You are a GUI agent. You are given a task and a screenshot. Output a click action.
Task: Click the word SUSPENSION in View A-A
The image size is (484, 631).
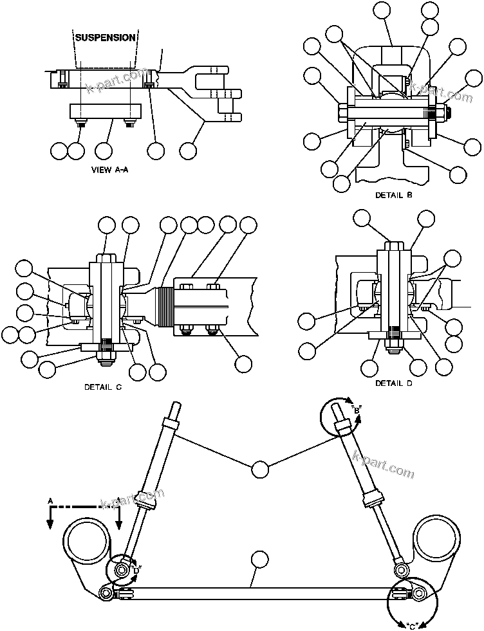106,37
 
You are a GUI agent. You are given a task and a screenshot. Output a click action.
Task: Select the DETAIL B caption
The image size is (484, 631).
393,194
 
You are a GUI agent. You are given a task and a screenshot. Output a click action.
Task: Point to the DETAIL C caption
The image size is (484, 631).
102,387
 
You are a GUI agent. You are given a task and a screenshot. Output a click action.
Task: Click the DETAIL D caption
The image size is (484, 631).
393,383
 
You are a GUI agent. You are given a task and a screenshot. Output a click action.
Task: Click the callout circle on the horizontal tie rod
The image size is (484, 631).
260,560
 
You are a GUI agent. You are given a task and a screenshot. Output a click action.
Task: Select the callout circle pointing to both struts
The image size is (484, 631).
260,470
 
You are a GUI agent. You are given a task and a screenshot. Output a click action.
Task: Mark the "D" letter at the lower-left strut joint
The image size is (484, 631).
136,568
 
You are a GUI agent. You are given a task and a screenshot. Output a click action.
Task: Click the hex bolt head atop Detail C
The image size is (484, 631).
106,258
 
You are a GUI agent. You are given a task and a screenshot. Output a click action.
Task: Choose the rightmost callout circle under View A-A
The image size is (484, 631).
189,151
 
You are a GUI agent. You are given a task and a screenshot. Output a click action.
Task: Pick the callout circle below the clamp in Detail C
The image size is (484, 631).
243,363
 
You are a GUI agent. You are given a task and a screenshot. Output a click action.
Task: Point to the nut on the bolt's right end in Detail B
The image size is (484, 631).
445,116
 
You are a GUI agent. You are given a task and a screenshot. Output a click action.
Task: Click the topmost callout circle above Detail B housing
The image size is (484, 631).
382,11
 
